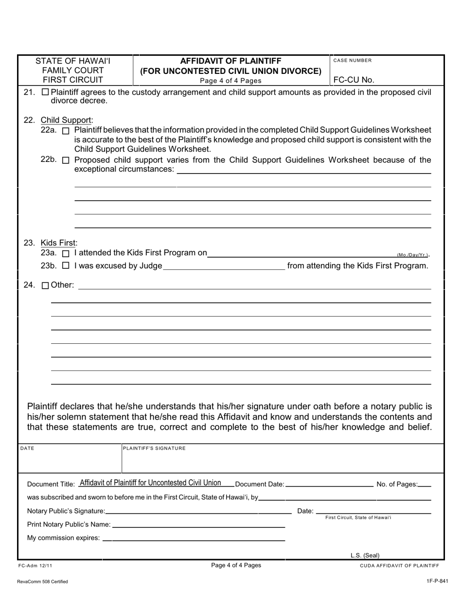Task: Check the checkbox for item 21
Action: [45, 92]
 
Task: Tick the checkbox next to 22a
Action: [67, 131]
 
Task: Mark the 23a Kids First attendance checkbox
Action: [67, 253]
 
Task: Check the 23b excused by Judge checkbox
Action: [67, 266]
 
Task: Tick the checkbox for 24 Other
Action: [45, 286]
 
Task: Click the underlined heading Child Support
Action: [67, 120]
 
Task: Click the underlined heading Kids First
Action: [58, 243]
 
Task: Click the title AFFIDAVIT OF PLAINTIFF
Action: [231, 61]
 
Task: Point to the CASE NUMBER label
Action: [353, 61]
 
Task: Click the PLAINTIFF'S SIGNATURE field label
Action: [154, 448]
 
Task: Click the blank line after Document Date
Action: [329, 484]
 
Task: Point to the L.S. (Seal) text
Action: [365, 555]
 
